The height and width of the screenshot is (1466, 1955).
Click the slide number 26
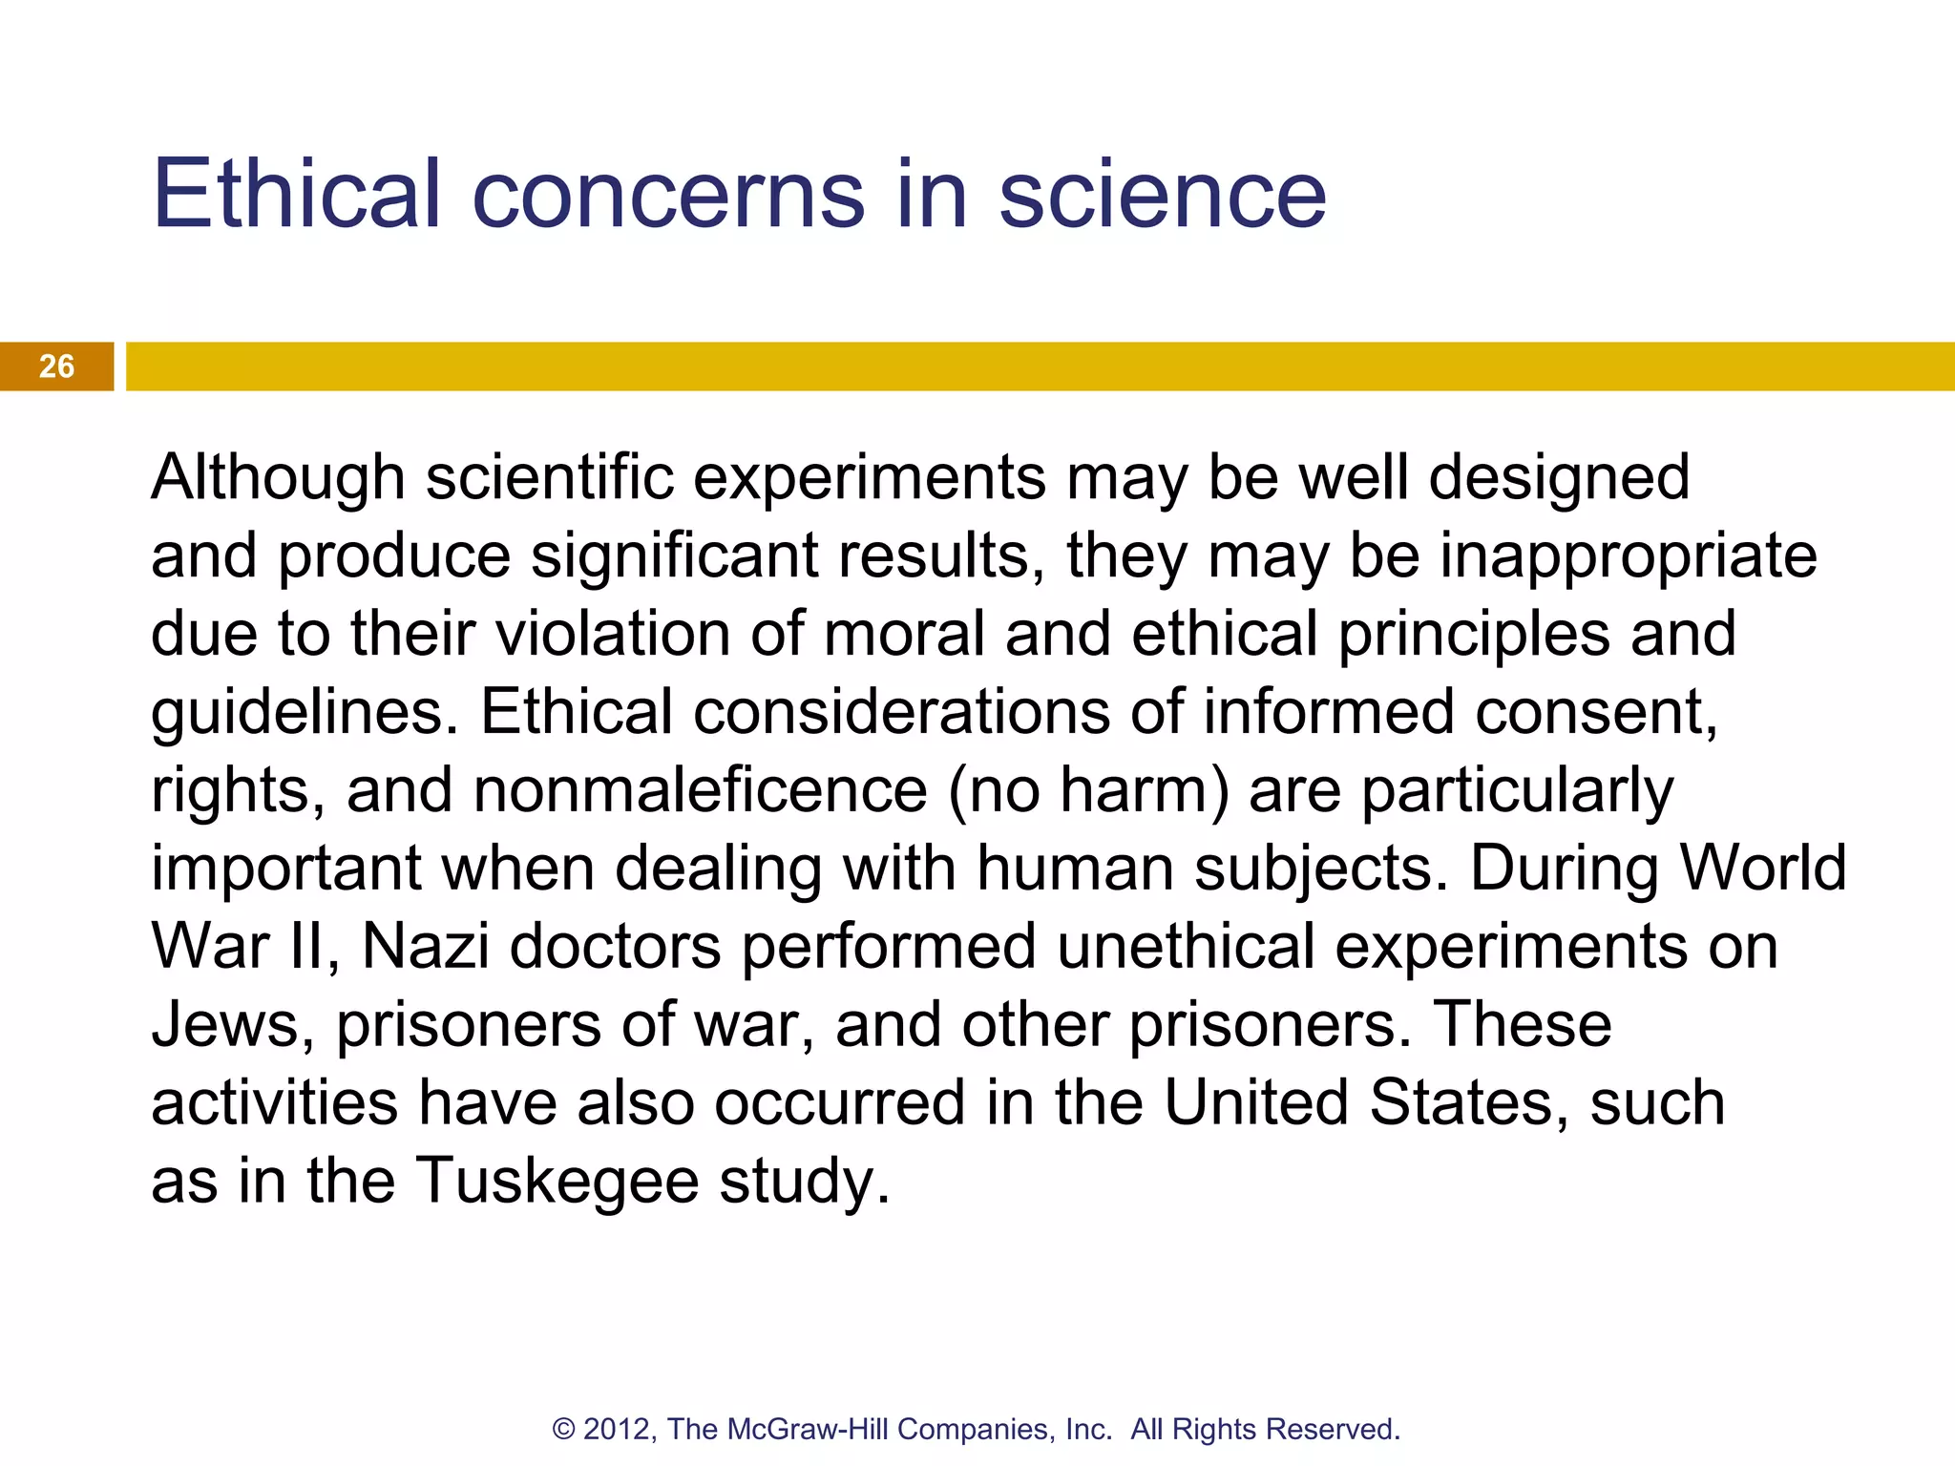coord(56,366)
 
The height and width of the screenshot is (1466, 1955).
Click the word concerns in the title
coord(668,196)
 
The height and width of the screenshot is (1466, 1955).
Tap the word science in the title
coord(1163,196)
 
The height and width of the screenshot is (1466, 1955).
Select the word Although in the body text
coord(278,478)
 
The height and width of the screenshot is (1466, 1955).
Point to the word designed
coord(1559,478)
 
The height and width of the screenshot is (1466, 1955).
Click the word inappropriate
coord(1628,557)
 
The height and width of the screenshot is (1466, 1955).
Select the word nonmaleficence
coord(700,791)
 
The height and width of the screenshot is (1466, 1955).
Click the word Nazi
coord(426,947)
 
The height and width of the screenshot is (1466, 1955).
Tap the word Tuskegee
coord(557,1182)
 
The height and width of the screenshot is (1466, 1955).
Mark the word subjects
coord(1321,869)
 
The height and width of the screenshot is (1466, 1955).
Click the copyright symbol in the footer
coord(563,1429)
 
